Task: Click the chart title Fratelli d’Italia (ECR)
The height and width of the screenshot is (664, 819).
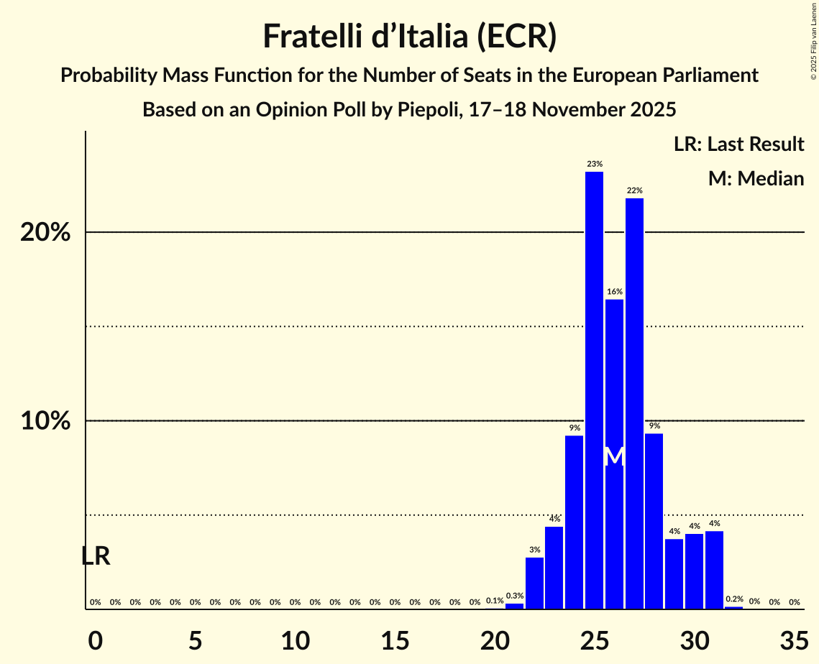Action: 409,36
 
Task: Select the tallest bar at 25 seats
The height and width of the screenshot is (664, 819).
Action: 594,388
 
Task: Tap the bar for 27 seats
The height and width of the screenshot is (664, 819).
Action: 634,402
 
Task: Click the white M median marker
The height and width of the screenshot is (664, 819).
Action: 614,456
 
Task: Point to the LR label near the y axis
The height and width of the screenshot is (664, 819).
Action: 96,556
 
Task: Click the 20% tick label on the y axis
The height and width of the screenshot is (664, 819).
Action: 45,233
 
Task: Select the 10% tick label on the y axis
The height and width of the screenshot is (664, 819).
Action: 45,421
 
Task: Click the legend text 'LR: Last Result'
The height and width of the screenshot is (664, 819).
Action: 738,144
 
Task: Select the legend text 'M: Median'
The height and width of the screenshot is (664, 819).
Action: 756,178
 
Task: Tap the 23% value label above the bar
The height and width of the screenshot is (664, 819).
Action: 594,164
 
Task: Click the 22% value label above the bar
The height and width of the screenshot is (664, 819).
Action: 634,190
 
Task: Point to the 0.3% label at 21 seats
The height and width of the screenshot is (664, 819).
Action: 514,596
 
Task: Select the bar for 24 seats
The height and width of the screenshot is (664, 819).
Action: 574,521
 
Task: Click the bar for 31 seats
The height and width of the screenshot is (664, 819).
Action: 714,569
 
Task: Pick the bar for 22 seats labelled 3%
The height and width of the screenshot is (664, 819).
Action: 534,583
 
